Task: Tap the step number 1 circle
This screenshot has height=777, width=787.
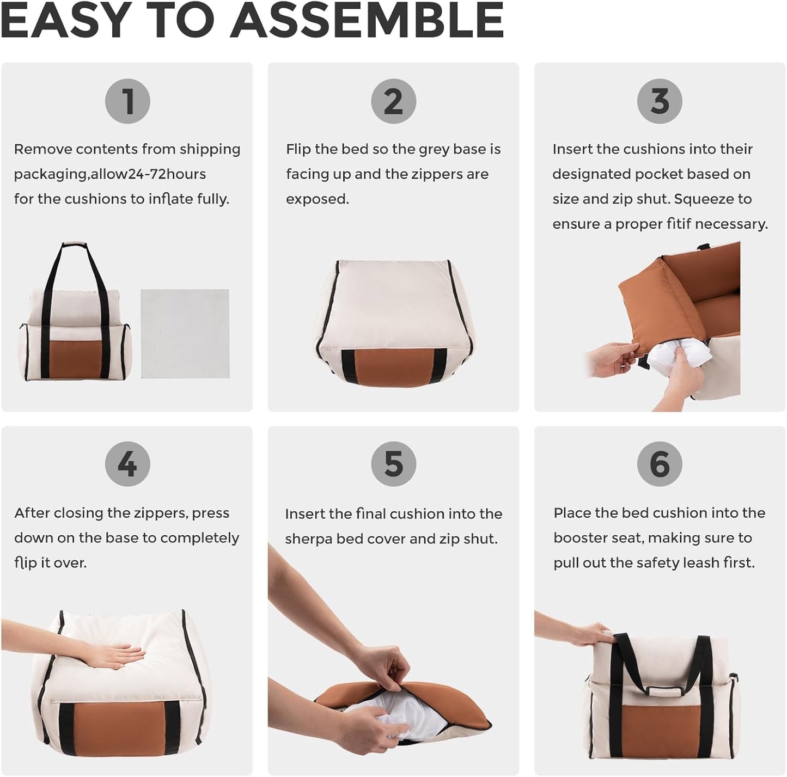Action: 127,101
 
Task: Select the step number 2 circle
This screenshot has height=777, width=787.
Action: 393,101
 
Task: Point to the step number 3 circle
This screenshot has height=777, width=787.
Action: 660,101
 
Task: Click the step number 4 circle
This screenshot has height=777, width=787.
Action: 127,464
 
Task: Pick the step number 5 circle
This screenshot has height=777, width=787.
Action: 393,464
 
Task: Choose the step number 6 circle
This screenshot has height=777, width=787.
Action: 660,464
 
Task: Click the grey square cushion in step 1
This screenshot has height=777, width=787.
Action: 185,334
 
